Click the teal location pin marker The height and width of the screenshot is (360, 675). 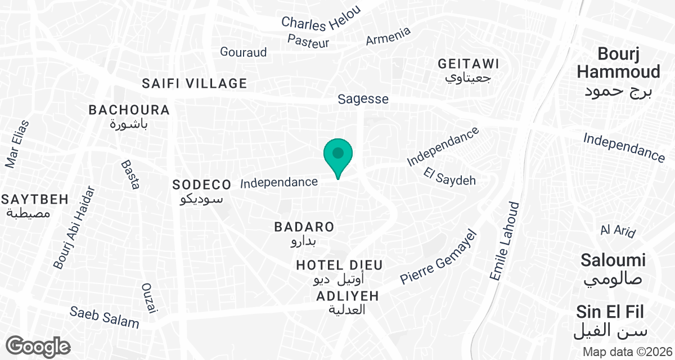click(x=338, y=156)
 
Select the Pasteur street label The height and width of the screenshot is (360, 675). click(x=308, y=40)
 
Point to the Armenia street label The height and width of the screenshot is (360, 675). click(x=388, y=37)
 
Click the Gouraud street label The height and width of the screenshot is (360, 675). click(x=244, y=52)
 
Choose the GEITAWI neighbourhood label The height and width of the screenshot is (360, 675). click(x=469, y=64)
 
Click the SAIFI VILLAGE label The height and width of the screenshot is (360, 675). click(x=195, y=84)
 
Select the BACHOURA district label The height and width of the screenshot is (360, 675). click(x=129, y=110)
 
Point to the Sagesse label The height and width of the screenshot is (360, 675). click(x=363, y=99)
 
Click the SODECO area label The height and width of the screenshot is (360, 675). click(x=201, y=184)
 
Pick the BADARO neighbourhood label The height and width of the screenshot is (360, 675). click(x=304, y=227)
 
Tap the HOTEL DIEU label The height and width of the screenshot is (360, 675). click(x=340, y=265)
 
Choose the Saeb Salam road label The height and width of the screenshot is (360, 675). click(x=104, y=317)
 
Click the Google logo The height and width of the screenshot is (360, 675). click(x=38, y=346)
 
